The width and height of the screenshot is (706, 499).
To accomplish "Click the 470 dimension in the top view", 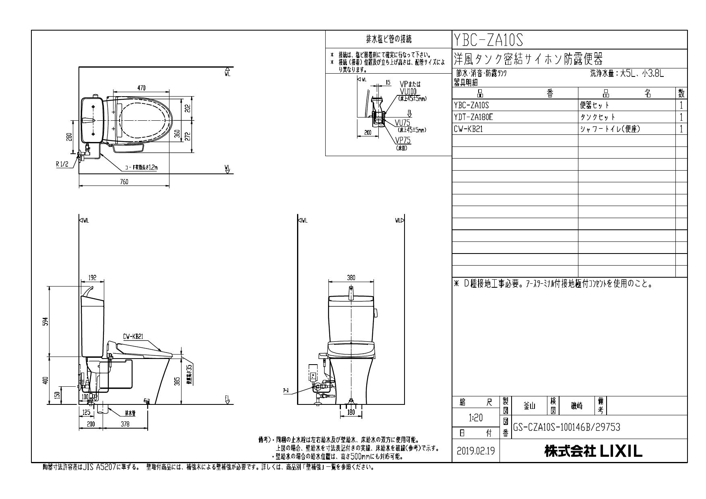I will click(141, 88).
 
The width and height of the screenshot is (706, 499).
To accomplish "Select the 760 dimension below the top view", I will click(124, 182).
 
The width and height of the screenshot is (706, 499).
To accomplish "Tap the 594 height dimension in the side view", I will click(46, 322).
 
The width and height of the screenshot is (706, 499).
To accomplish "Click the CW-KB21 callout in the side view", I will click(131, 337).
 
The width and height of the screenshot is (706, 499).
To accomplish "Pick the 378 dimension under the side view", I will click(126, 424).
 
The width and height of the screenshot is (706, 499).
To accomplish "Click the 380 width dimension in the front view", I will click(351, 277).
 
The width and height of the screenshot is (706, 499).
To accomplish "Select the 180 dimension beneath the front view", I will click(351, 412).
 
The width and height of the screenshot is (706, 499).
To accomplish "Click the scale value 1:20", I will click(476, 418).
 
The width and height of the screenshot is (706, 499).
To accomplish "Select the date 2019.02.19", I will click(476, 451).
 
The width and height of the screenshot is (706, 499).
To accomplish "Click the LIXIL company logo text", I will click(593, 451).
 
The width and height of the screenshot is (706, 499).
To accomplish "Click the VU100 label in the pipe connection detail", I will click(408, 91).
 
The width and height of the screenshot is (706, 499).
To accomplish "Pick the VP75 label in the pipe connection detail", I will click(403, 140).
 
